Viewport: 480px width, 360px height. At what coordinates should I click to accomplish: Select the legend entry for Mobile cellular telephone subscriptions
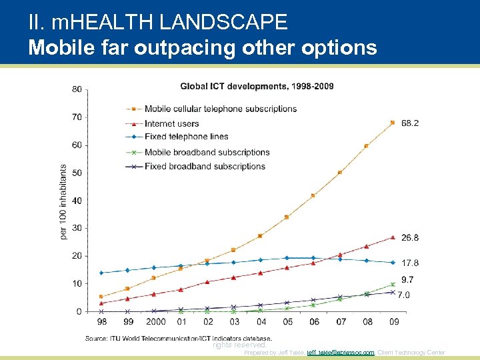tap(220, 109)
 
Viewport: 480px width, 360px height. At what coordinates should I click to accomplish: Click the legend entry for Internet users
tap(171, 123)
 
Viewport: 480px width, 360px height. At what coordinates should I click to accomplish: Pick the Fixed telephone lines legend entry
tap(186, 137)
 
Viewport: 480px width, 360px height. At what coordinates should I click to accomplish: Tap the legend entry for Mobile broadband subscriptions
tap(207, 152)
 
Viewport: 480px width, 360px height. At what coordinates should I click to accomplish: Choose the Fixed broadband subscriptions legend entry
tap(205, 167)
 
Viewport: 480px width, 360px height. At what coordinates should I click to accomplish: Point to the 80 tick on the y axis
tap(77, 89)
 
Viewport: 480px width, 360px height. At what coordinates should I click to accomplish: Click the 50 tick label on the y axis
tap(77, 173)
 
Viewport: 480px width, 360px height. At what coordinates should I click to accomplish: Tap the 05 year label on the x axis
tap(287, 322)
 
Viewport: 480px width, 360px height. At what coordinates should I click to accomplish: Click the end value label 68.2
tap(410, 123)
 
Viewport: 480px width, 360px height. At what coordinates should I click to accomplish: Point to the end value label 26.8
tap(410, 238)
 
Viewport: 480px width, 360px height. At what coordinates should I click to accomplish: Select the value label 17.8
tap(410, 263)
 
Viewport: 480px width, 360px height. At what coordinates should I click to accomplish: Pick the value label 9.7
tap(407, 280)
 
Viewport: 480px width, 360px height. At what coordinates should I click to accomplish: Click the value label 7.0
tap(404, 294)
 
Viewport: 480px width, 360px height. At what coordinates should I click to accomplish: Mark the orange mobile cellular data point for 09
tap(393, 123)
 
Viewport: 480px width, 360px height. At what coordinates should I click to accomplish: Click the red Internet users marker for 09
tap(393, 237)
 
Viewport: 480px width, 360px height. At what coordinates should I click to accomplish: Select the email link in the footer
tap(340, 353)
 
